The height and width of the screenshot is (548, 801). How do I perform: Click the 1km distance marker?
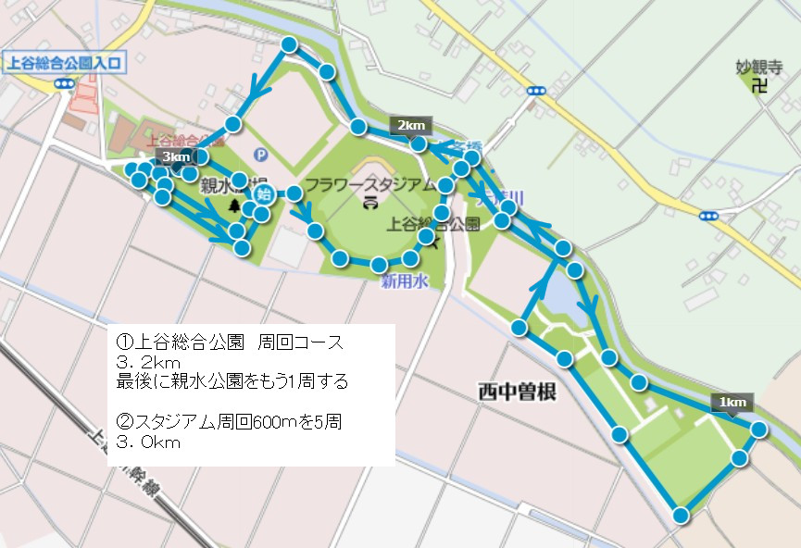(x=732, y=402)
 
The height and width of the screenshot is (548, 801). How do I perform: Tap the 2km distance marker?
(x=411, y=125)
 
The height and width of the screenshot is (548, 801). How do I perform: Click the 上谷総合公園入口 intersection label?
(x=64, y=64)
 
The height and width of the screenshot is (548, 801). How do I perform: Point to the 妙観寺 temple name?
(x=759, y=67)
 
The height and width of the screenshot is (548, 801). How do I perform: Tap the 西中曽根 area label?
(x=517, y=392)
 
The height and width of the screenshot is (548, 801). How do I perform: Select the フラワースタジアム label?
(x=369, y=184)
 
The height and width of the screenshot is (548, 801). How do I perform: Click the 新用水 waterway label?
(x=405, y=283)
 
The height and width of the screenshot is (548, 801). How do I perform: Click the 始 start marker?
(x=264, y=194)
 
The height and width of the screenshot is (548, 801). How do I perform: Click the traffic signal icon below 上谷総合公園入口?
(x=64, y=83)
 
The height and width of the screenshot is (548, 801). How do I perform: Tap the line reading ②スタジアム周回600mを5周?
(x=230, y=422)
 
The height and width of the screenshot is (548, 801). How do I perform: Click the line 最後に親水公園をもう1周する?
(x=232, y=380)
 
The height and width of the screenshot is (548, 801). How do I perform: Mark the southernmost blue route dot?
(x=682, y=516)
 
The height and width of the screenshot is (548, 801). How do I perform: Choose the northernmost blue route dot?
(x=290, y=44)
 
